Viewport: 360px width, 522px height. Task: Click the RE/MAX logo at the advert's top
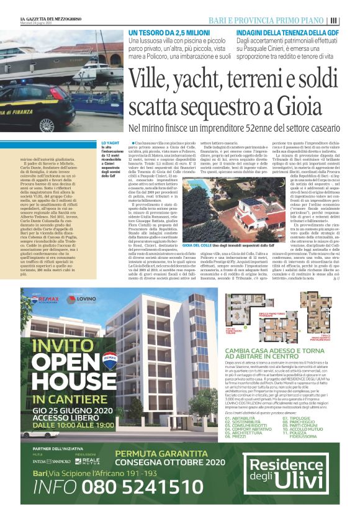[x=50, y=299]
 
